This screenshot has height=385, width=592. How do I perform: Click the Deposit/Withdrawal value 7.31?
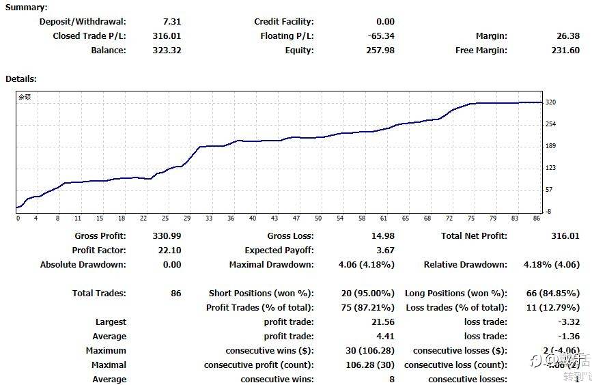point(173,21)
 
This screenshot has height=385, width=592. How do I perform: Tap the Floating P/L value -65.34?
point(380,35)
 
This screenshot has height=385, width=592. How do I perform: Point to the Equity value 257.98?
point(380,50)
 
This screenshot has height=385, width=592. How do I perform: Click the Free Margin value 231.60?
point(565,50)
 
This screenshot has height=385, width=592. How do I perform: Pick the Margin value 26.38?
point(568,35)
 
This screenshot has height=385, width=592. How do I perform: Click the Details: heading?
point(20,79)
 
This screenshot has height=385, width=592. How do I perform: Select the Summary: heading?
point(26,7)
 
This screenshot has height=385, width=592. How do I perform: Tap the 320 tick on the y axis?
point(551,102)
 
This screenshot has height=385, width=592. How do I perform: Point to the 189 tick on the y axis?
point(551,146)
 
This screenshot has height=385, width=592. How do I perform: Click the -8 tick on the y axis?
point(549,212)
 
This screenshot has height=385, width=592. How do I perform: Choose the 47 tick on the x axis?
point(296,218)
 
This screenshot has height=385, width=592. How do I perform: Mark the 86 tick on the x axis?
point(536,218)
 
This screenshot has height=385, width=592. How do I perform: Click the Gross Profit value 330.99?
point(167,236)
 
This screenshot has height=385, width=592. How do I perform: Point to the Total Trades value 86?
point(176,293)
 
